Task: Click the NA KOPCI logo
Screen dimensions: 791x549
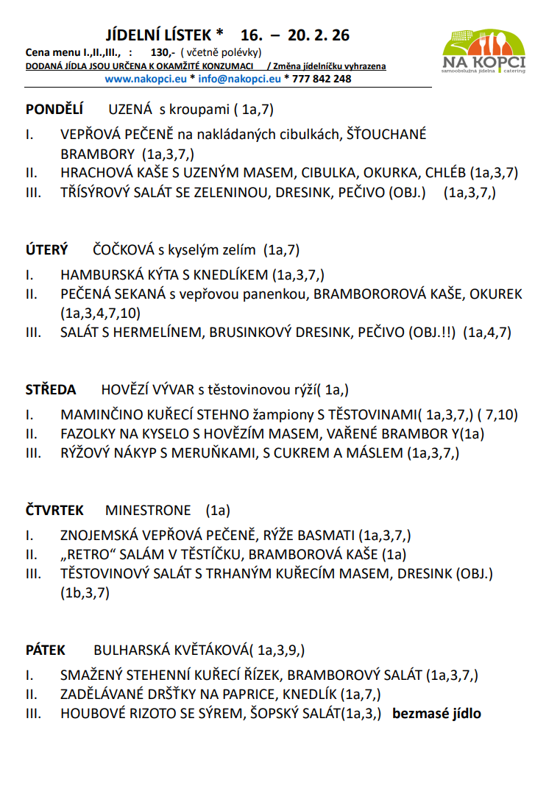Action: [484, 53]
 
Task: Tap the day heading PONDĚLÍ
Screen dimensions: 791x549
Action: [54, 110]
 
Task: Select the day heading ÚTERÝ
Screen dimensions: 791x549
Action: [47, 250]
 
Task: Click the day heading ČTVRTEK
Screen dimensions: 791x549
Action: [55, 510]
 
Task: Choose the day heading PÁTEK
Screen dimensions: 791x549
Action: [46, 650]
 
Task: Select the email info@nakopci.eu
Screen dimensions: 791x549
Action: [239, 79]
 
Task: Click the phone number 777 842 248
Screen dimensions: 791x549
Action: [322, 79]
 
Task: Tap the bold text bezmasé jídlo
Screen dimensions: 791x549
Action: [436, 712]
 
